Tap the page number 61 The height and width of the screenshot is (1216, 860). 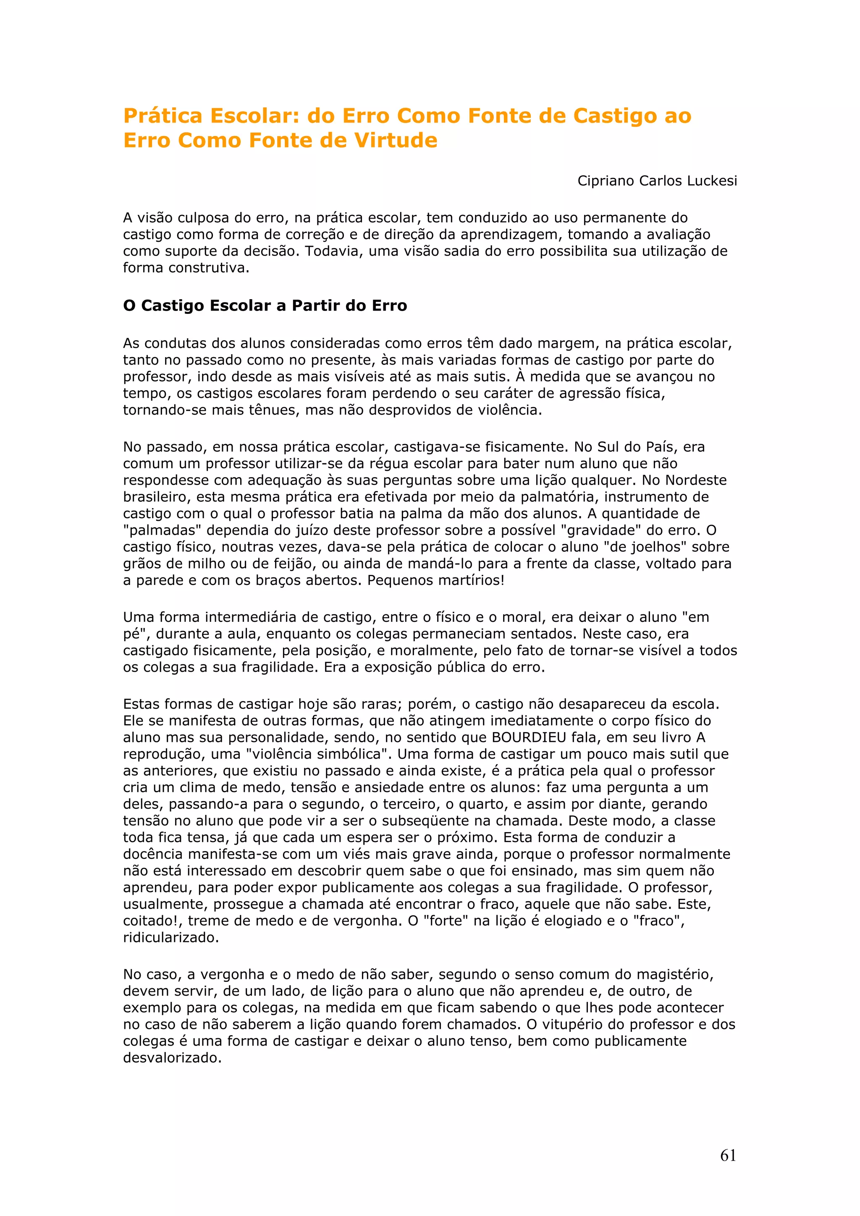tap(728, 1156)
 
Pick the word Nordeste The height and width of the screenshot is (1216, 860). tap(696, 480)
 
